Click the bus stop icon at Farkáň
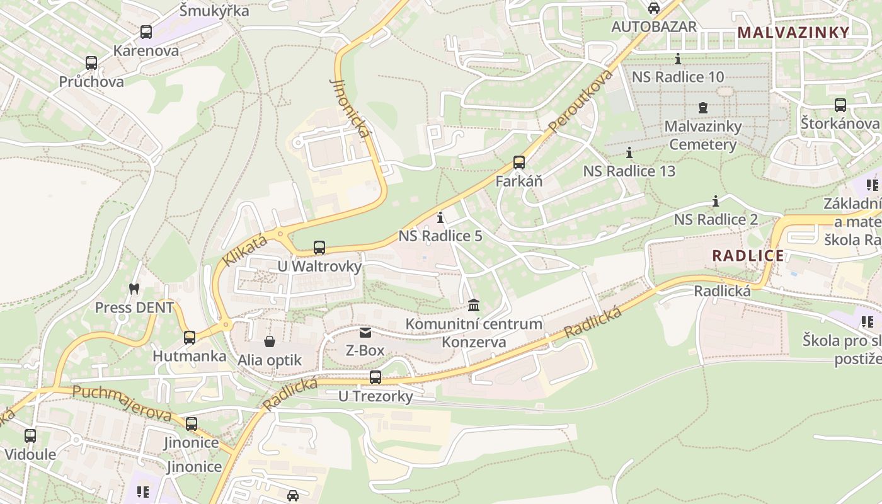click(518, 163)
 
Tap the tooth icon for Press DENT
click(133, 289)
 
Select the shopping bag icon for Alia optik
click(270, 342)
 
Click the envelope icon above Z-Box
click(365, 332)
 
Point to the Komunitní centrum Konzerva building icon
click(474, 306)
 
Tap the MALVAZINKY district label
click(793, 32)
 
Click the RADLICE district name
click(748, 256)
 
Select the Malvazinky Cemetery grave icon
click(703, 108)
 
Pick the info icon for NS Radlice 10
click(678, 59)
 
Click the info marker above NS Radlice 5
click(440, 218)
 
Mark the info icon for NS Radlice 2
click(716, 202)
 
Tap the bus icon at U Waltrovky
click(319, 248)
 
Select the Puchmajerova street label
click(122, 403)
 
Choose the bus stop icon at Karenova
click(146, 32)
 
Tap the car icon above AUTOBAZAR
click(654, 8)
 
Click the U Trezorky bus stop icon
click(375, 377)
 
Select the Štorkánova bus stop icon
click(840, 105)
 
